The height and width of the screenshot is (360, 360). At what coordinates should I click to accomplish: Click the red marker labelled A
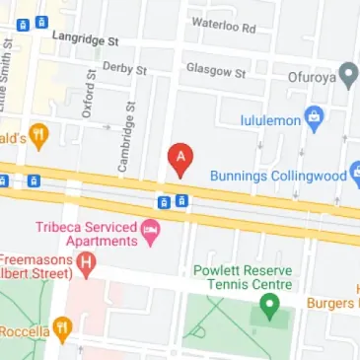coord(180,159)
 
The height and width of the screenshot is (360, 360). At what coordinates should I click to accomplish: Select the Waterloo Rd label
coord(223,21)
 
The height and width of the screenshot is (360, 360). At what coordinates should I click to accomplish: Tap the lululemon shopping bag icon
coord(315,117)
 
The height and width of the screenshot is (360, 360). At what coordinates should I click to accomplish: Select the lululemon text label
coord(270,121)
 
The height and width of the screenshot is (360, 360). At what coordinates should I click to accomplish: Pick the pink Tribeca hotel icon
coord(150,234)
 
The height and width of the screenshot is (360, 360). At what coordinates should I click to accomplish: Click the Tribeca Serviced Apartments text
coord(86,233)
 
